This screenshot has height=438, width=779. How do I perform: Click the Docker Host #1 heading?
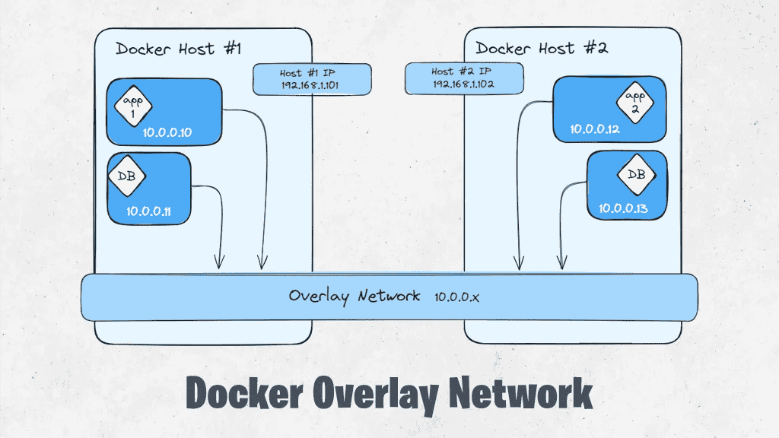[x=179, y=49]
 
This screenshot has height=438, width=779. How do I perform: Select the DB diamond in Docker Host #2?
[x=635, y=175]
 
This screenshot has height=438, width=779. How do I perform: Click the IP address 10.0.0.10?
[x=167, y=133]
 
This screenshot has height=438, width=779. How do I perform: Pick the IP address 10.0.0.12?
[x=596, y=129]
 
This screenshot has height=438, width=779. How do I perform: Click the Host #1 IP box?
[x=312, y=79]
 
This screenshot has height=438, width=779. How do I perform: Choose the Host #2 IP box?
[x=464, y=78]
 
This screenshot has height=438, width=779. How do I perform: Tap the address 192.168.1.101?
[x=312, y=85]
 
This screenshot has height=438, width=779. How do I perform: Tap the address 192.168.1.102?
[x=464, y=84]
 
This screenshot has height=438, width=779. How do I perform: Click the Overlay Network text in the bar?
[x=354, y=296]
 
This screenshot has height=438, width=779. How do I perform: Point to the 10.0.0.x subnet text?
[x=457, y=296]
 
